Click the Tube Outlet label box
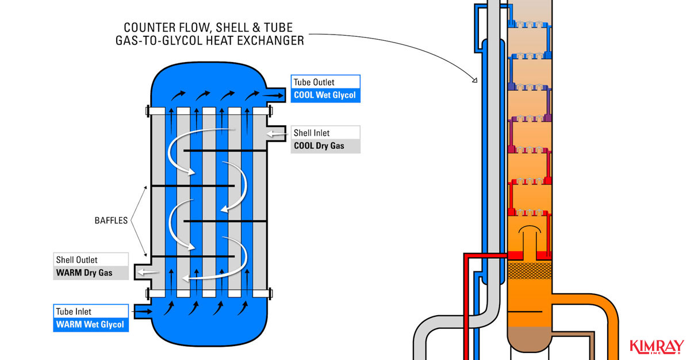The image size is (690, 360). click(325, 82)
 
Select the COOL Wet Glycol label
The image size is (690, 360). click(325, 95)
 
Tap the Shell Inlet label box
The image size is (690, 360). click(325, 133)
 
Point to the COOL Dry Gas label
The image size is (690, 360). click(325, 146)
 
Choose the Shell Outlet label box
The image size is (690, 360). click(90, 260)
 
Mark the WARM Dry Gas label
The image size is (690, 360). click(90, 273)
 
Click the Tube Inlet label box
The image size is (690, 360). click(90, 311)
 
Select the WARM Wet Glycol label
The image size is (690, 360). click(90, 325)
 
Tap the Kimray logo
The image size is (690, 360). click(657, 346)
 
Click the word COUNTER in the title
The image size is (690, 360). click(147, 28)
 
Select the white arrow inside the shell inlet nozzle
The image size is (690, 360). click(276, 133)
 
